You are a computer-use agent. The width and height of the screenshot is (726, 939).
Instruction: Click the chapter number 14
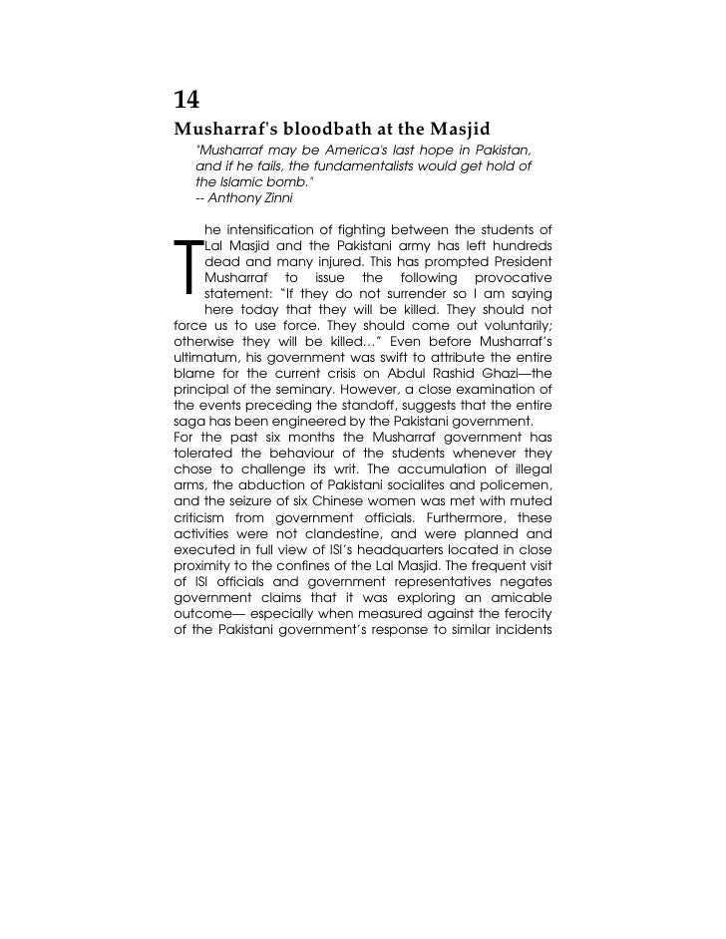click(x=186, y=100)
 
